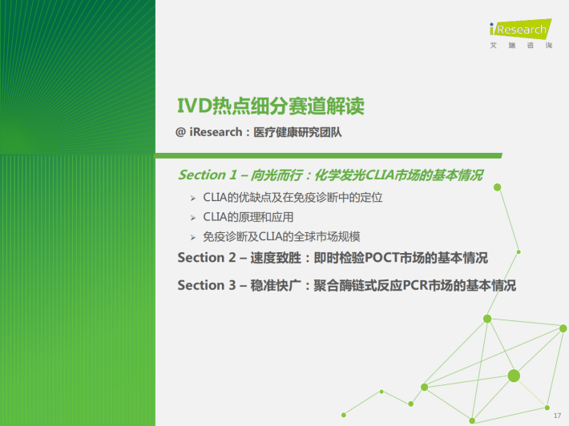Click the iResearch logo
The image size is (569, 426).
click(x=521, y=29)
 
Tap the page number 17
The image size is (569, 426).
click(x=558, y=416)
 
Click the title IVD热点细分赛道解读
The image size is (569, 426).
click(x=271, y=106)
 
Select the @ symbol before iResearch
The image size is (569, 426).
click(x=180, y=132)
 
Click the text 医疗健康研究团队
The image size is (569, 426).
click(x=297, y=132)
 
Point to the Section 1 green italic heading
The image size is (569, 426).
click(x=331, y=175)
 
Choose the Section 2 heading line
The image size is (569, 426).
click(x=333, y=258)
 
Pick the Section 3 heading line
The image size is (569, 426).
click(x=346, y=285)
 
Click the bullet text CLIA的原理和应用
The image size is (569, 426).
click(x=248, y=217)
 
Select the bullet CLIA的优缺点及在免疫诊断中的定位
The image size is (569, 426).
click(x=293, y=198)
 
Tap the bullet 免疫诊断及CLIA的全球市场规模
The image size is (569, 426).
click(x=281, y=237)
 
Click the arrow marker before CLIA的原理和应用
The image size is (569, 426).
click(x=193, y=218)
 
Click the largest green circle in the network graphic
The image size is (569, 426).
click(x=514, y=376)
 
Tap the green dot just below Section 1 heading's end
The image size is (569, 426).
click(x=498, y=187)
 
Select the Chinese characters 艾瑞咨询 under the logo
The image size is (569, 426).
click(x=521, y=46)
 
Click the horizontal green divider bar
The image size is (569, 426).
click(x=329, y=156)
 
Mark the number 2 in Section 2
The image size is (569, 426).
click(x=232, y=258)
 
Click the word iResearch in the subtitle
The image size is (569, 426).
click(x=216, y=132)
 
